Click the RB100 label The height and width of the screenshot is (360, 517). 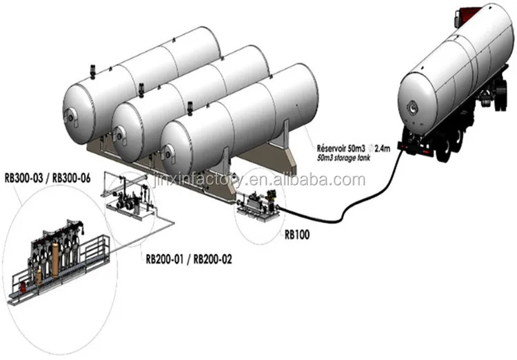coord(296,234)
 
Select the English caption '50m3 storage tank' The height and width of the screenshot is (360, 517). coord(349,158)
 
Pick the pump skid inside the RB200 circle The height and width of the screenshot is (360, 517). coord(131,200)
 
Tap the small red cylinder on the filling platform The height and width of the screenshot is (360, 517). coord(21,283)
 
